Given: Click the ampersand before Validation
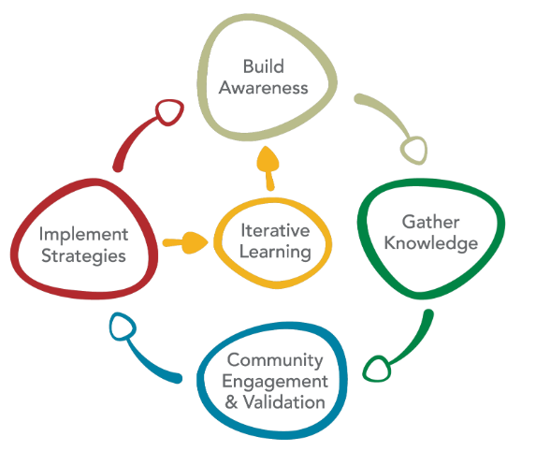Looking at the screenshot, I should click(234, 402).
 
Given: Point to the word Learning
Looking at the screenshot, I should click(275, 251).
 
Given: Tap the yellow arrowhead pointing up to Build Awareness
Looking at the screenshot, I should click(269, 160).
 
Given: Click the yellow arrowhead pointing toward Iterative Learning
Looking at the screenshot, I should click(194, 243).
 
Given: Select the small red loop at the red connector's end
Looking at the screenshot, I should click(168, 112).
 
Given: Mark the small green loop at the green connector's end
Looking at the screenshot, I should click(375, 369).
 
